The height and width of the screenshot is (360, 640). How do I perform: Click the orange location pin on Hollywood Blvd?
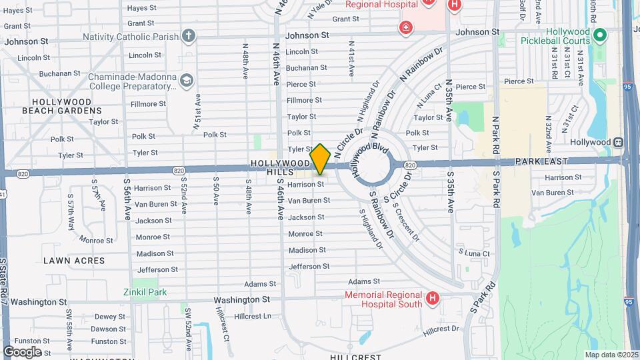coord(320,159)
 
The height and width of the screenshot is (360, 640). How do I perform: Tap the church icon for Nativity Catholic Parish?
coord(189,35)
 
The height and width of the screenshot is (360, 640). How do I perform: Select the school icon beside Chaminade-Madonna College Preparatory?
coord(187,81)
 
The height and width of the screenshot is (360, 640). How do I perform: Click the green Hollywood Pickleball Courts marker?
coord(599,35)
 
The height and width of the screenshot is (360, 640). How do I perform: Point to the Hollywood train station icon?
coord(619,142)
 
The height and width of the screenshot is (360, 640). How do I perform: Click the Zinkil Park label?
coord(145,292)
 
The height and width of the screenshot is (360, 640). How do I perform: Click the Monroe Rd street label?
coord(95,239)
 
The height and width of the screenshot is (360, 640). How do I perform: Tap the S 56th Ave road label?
coord(127,198)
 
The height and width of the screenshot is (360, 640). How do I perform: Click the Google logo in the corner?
coord(22,351)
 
